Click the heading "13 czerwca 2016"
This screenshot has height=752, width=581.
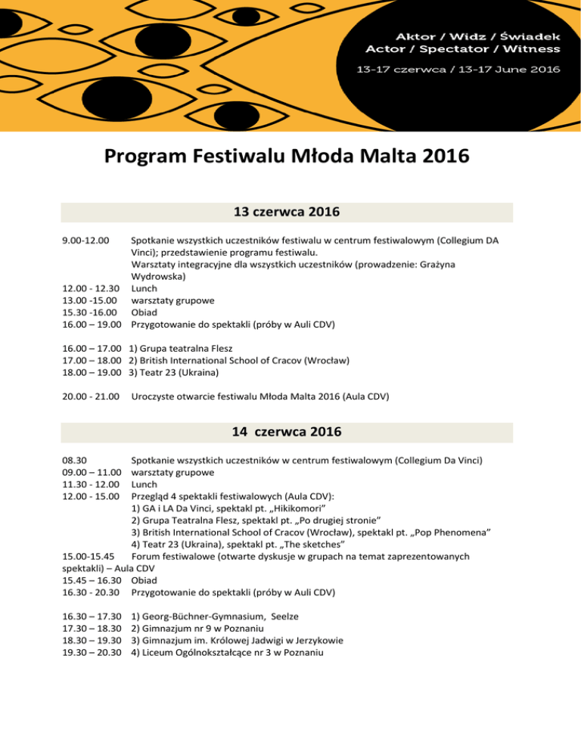click(x=290, y=213)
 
